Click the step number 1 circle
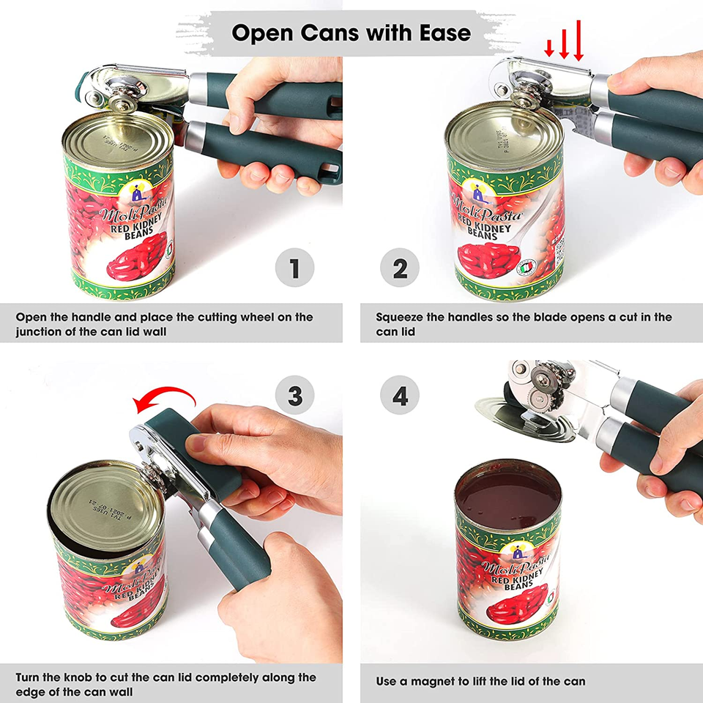click(294, 268)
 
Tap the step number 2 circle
click(400, 268)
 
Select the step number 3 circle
click(294, 396)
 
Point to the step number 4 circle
click(400, 396)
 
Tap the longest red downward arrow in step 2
click(579, 41)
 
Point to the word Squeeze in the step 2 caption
click(401, 317)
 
